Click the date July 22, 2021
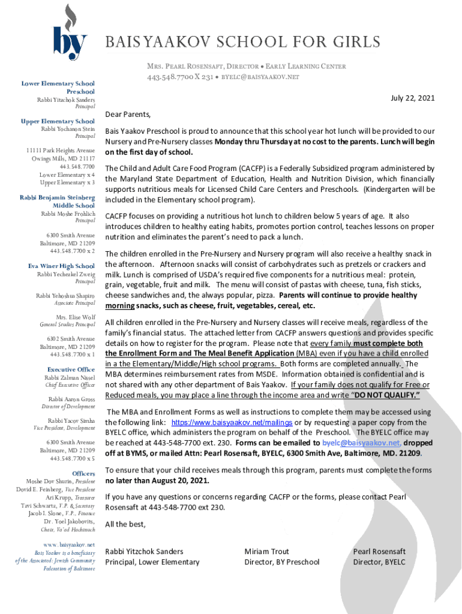tap(413, 98)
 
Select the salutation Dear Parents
tap(128, 114)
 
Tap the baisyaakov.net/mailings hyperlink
tap(232, 422)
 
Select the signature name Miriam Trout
tap(266, 551)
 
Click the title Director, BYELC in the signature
tap(379, 562)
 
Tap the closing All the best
tap(125, 524)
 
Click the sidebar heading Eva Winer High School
tap(61, 266)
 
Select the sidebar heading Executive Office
tap(71, 369)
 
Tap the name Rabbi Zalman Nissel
tap(70, 378)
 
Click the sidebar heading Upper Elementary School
tap(58, 121)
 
